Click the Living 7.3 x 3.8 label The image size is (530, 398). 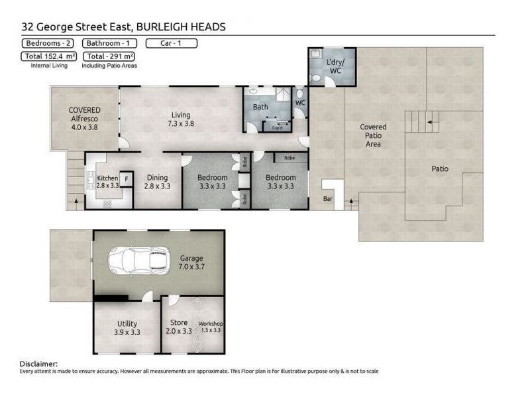(x=181, y=119)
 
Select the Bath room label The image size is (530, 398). (x=260, y=106)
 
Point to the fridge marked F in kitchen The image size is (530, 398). (x=126, y=178)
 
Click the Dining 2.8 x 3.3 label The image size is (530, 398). (x=157, y=182)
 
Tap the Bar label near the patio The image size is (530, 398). (x=327, y=198)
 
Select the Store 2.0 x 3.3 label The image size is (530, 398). (x=179, y=326)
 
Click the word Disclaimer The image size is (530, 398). (x=38, y=364)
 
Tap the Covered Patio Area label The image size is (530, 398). (x=373, y=135)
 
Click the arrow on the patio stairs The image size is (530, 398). (x=431, y=121)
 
